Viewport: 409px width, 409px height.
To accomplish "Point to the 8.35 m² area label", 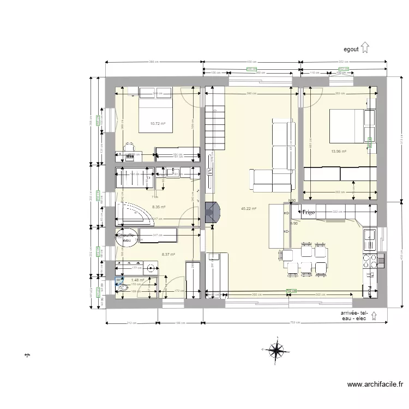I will (159, 207).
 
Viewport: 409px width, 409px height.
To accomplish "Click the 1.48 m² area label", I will (137, 280).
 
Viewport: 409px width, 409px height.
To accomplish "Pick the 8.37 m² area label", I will (169, 254).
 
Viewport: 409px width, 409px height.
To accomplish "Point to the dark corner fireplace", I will (212, 213).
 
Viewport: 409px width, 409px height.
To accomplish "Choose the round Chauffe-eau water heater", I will (125, 238).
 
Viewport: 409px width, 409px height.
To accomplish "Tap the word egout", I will (351, 49).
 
